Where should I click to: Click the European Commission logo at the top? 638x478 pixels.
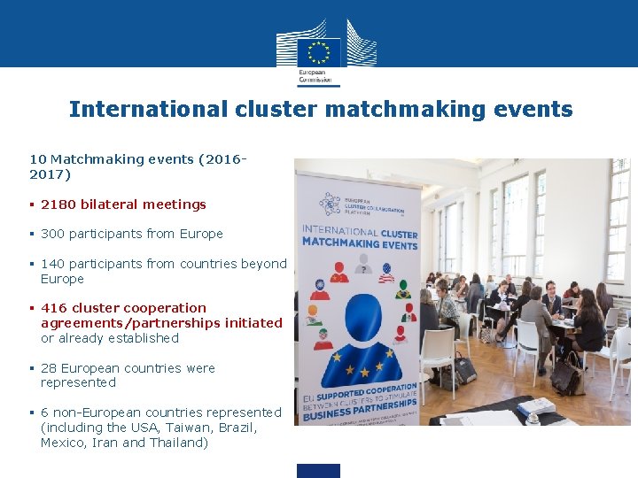319,50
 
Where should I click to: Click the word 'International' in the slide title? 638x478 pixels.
149,109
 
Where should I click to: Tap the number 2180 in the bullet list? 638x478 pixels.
58,204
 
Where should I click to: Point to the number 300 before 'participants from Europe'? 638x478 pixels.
52,234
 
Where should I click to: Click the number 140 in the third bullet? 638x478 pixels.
52,264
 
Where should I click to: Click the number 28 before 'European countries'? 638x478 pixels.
49,368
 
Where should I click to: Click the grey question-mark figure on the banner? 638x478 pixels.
362,264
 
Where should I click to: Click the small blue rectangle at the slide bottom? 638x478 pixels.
318,470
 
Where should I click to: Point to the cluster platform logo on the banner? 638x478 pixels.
331,205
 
